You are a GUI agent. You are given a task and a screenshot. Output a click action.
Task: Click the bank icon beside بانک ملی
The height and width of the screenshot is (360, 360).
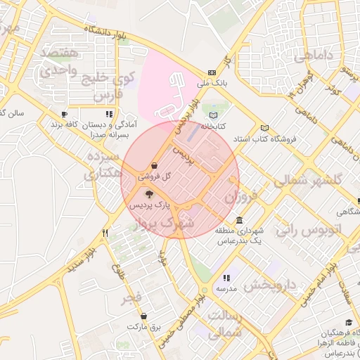pyautogui.click(x=212, y=72)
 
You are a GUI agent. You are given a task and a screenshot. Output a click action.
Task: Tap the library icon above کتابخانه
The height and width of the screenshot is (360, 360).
pyautogui.click(x=214, y=116)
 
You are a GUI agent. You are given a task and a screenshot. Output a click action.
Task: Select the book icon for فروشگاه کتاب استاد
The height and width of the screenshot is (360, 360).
pyautogui.click(x=264, y=128)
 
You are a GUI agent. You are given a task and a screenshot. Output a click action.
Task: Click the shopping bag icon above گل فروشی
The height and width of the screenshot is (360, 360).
pyautogui.click(x=154, y=165)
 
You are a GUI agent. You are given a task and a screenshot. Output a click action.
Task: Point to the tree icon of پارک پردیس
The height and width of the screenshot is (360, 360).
pyautogui.click(x=148, y=193)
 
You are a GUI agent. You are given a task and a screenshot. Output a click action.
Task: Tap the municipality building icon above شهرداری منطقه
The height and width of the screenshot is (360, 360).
pyautogui.click(x=240, y=220)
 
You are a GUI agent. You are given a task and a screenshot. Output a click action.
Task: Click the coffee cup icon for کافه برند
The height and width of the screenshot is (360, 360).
pyautogui.click(x=64, y=114)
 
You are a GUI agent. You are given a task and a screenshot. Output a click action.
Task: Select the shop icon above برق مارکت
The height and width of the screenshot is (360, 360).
pyautogui.click(x=144, y=316)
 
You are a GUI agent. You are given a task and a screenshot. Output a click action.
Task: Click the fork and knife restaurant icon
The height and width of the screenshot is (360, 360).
pyautogui.click(x=105, y=232)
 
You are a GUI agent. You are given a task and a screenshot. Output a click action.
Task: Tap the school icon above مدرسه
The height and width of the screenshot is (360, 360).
pyautogui.click(x=226, y=278)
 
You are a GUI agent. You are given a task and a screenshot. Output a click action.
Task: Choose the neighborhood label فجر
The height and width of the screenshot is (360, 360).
pyautogui.click(x=131, y=297)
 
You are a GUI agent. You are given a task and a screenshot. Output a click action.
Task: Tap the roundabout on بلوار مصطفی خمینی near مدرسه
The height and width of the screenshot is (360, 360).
pyautogui.click(x=204, y=290)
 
